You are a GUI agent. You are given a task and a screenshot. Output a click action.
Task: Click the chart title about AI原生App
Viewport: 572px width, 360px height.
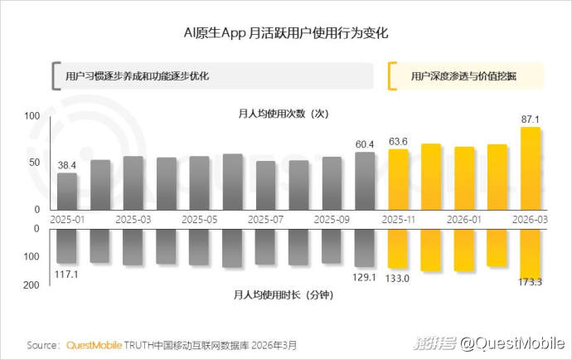pyautogui.click(x=286, y=34)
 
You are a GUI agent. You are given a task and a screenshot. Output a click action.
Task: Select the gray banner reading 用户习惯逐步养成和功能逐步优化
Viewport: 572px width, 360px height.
pyautogui.click(x=137, y=75)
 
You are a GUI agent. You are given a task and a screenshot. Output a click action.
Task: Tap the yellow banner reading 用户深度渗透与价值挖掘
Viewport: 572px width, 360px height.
pyautogui.click(x=464, y=75)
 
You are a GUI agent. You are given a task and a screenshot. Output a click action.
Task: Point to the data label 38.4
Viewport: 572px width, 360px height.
pyautogui.click(x=67, y=165)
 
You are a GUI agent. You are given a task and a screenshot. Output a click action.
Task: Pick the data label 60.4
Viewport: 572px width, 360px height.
pyautogui.click(x=365, y=144)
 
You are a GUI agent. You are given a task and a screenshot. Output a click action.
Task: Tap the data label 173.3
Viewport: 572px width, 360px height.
pyautogui.click(x=528, y=284)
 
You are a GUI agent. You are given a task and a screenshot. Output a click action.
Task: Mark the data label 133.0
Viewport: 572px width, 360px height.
pyautogui.click(x=397, y=278)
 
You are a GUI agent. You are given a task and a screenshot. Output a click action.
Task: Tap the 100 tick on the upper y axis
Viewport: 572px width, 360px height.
pyautogui.click(x=33, y=117)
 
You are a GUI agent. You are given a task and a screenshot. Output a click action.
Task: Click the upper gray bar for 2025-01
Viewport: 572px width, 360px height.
pyautogui.click(x=67, y=191)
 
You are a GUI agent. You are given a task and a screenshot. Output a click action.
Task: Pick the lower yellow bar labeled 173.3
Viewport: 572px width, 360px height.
pyautogui.click(x=531, y=253)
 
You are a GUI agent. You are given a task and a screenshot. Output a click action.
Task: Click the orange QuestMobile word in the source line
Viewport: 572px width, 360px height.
pyautogui.click(x=95, y=344)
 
